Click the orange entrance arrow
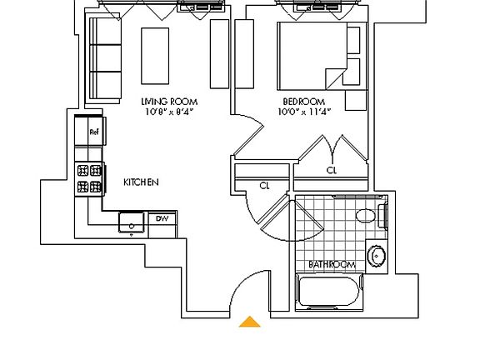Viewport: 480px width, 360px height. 250,322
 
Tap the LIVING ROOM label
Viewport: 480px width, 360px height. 169,102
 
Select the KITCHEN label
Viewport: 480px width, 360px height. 141,182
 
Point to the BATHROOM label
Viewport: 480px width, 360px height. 332,265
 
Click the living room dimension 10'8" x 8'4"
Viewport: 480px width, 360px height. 169,112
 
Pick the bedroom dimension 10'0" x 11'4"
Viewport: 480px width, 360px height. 304,112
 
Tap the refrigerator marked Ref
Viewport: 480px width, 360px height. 93,132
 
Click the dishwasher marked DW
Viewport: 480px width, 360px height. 162,219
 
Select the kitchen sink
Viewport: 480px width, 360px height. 131,222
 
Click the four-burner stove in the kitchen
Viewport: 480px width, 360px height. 89,177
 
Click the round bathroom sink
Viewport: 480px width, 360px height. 377,256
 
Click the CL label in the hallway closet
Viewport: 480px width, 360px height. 264,186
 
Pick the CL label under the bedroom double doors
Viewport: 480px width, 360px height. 332,170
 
